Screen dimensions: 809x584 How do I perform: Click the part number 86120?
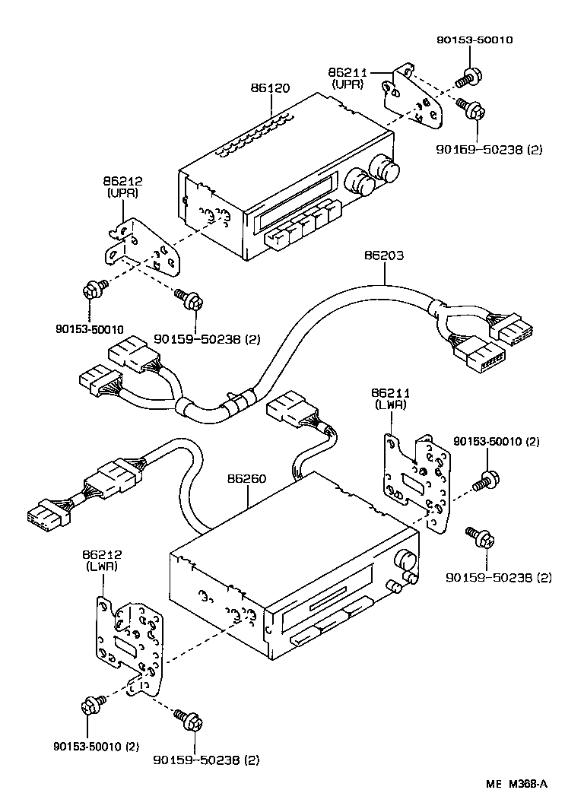270,88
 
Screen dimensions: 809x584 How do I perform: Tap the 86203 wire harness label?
384,257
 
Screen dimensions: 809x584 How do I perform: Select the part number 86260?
246,480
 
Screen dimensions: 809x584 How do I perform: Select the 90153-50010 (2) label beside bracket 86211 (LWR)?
497,441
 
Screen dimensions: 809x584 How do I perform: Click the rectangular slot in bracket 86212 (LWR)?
125,642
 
